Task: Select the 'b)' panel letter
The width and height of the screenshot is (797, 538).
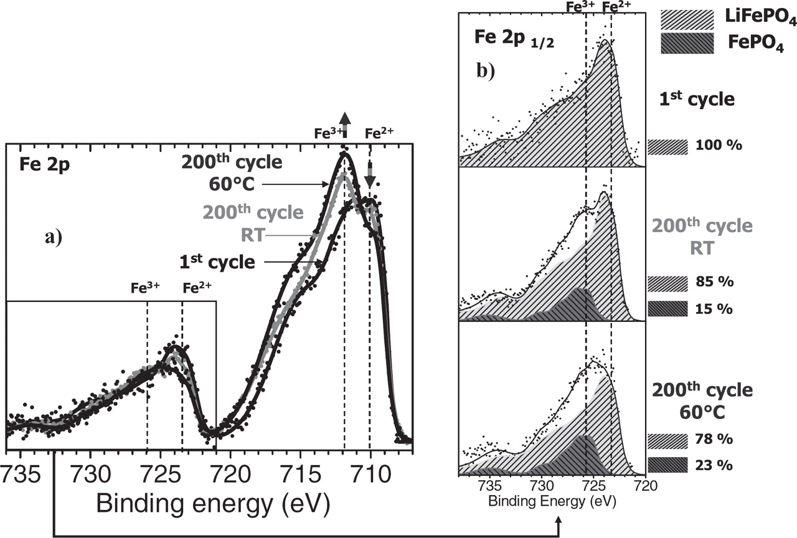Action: tap(486, 72)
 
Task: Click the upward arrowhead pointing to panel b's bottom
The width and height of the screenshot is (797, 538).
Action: tap(559, 519)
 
